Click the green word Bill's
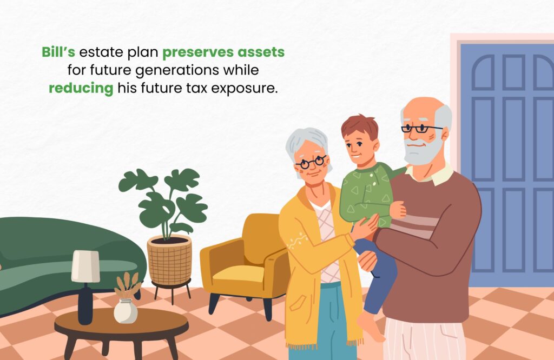click(x=58, y=52)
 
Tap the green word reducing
click(x=81, y=88)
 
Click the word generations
click(x=177, y=70)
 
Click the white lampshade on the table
click(x=85, y=266)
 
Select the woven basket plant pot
click(x=169, y=260)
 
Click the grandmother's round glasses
click(x=311, y=162)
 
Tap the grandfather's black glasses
click(x=420, y=129)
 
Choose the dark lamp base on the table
click(x=85, y=304)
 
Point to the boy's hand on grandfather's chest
click(x=398, y=210)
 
